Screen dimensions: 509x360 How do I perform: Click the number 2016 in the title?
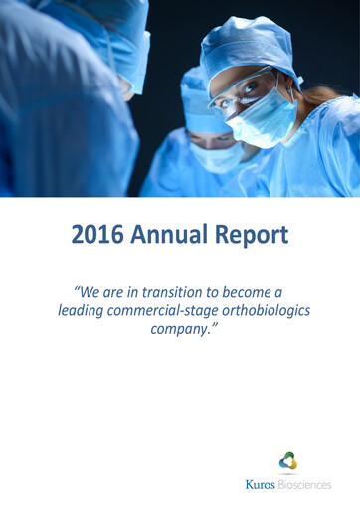(95, 235)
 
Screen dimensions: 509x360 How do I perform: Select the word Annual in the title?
(175, 235)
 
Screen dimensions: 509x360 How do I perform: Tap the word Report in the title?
(256, 235)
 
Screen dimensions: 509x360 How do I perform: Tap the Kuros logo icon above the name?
(287, 460)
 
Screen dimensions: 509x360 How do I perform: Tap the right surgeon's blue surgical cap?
(244, 45)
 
